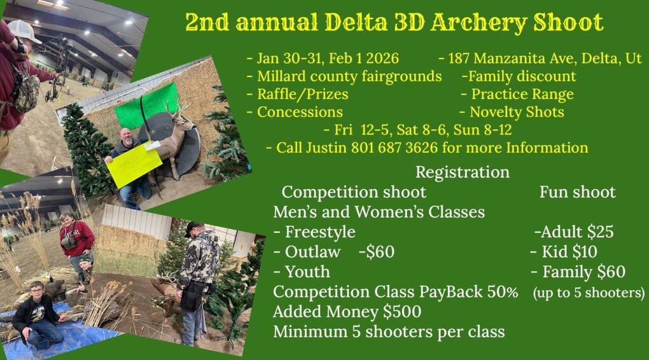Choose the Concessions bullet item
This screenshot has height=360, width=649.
tap(300, 112)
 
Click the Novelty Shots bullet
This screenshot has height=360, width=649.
tap(516, 112)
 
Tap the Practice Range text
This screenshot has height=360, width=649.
tap(522, 94)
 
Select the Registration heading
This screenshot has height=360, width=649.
tap(462, 172)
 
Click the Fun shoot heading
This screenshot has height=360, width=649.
tap(577, 191)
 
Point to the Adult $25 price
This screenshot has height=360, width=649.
tap(576, 232)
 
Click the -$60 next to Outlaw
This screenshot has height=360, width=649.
tap(376, 252)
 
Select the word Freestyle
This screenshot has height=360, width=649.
tap(320, 232)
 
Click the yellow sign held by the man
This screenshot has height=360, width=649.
tap(134, 163)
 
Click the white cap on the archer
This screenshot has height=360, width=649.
tap(24, 31)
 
